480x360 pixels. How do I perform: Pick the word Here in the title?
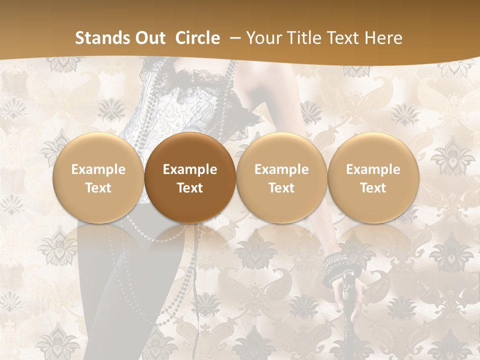pos(384,38)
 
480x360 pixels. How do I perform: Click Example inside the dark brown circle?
pos(190,169)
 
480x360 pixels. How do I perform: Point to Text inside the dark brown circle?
pos(190,188)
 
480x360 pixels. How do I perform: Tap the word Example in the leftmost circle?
pos(98,169)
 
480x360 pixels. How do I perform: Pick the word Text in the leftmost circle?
pos(98,188)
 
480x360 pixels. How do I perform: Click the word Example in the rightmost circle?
pos(373,169)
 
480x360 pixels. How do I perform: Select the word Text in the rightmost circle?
pos(373,188)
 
